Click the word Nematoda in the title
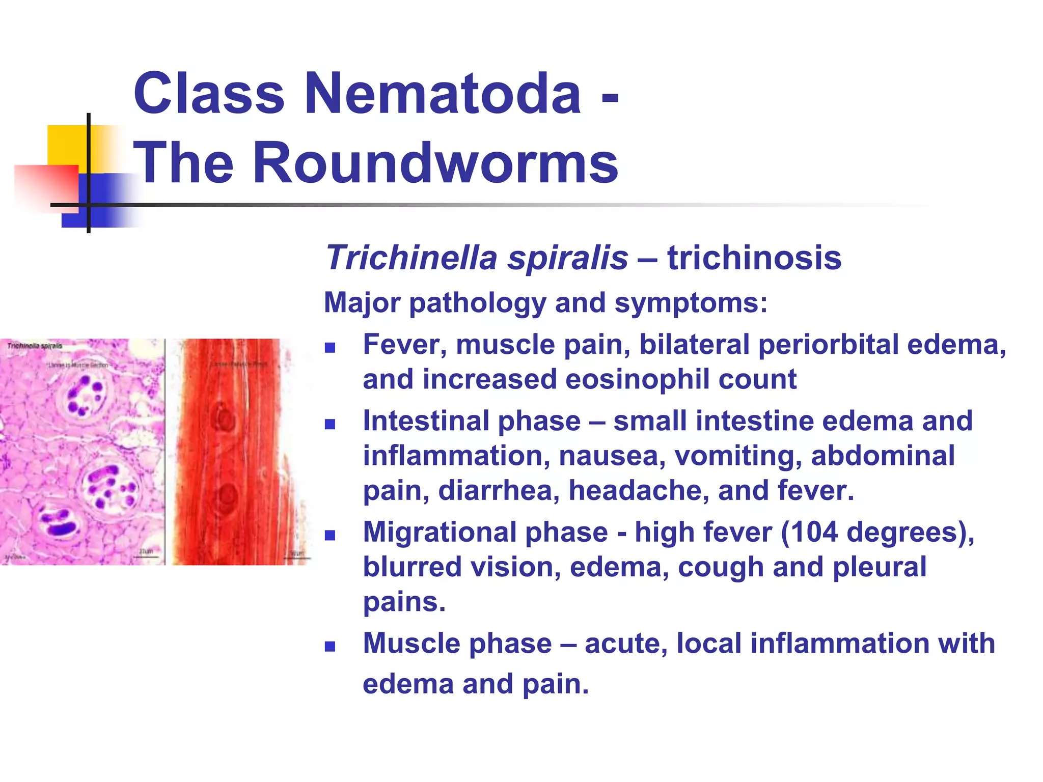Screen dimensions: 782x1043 (x=443, y=94)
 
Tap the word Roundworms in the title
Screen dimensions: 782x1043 (x=435, y=163)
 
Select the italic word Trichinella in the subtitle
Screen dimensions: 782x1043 (x=411, y=258)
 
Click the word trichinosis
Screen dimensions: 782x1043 (x=754, y=258)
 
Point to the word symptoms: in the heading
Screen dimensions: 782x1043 (x=691, y=303)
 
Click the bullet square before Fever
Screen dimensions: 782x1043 (x=330, y=348)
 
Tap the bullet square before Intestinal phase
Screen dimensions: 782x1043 (x=330, y=424)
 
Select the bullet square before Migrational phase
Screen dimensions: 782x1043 (x=330, y=536)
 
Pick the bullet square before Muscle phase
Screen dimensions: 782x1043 (x=330, y=647)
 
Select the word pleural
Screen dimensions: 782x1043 (x=880, y=567)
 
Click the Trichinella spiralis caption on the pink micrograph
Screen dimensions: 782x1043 (x=35, y=346)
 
